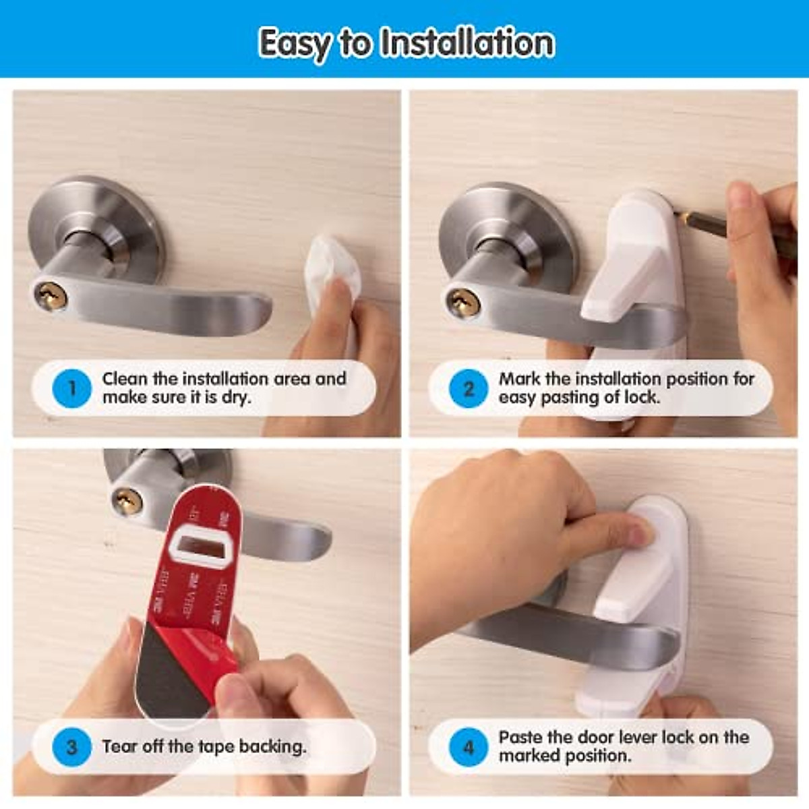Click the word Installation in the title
point(467,43)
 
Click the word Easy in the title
point(294,43)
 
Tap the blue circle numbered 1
point(71,388)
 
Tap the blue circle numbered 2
point(468,388)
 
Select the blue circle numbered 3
point(71,747)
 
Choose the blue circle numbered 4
point(468,747)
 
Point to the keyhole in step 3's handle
point(127,501)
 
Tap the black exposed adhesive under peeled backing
point(169,674)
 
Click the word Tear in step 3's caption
point(119,747)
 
